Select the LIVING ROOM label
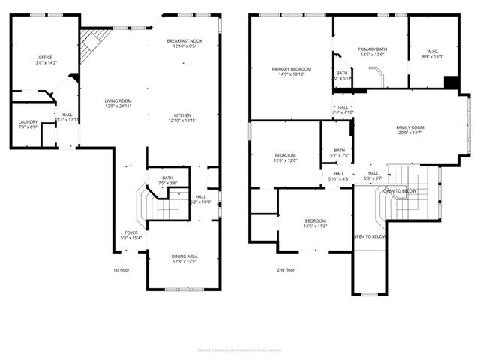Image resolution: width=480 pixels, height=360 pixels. pyautogui.click(x=118, y=100)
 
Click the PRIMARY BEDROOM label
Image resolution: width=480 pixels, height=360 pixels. pyautogui.click(x=291, y=69)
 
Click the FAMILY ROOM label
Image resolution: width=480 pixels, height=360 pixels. pyautogui.click(x=410, y=128)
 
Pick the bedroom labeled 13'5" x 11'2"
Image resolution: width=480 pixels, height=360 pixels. pyautogui.click(x=316, y=201)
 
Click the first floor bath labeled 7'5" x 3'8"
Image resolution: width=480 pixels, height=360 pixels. pyautogui.click(x=166, y=178)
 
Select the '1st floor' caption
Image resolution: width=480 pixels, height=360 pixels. pyautogui.click(x=121, y=270)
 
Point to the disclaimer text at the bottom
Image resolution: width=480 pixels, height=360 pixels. pyautogui.click(x=239, y=349)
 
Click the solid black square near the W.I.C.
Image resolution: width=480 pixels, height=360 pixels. pyautogui.click(x=451, y=82)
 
